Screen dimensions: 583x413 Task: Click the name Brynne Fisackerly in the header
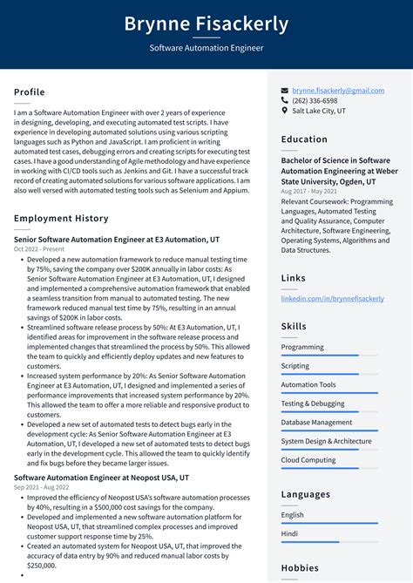click(206, 24)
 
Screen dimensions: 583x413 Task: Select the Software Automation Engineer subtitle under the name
click(206, 48)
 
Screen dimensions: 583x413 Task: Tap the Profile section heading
click(30, 92)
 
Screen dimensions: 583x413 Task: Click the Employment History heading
click(61, 219)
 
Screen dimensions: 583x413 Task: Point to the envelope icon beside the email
click(285, 91)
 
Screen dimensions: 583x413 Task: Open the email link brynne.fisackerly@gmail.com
click(338, 91)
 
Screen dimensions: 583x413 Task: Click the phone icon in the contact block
click(285, 101)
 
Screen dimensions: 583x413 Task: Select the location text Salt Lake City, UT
click(319, 112)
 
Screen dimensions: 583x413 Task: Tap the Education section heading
click(305, 139)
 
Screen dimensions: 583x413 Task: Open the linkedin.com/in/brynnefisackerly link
click(332, 298)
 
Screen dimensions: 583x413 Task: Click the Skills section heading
click(294, 326)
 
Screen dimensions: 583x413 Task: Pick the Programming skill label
click(302, 347)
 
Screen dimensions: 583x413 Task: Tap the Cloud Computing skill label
click(308, 460)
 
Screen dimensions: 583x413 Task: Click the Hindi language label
click(290, 533)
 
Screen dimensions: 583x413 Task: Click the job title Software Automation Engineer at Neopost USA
click(90, 478)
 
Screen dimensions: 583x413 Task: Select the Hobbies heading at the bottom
click(301, 566)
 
